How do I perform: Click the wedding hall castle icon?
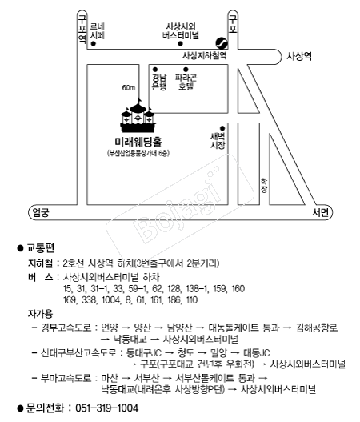coord(138,116)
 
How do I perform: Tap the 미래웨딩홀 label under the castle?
coord(138,142)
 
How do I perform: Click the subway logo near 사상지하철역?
coord(222,42)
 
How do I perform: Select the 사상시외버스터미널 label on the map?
coord(181,31)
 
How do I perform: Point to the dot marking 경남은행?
coord(155,70)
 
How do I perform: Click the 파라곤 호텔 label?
coord(186,82)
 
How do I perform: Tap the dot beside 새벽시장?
coord(222,128)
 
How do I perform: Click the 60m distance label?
coord(129,88)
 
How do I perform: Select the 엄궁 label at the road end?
coord(41,213)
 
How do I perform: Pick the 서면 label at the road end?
coord(320,212)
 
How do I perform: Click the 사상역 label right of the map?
coord(299,56)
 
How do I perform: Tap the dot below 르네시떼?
coord(94,43)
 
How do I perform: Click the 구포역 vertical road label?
coord(82,28)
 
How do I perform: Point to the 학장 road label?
coord(264,186)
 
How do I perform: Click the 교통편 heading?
coord(40,248)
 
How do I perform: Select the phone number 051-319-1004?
coord(106,408)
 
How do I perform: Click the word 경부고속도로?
coord(66,328)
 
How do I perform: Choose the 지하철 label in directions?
coord(40,263)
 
